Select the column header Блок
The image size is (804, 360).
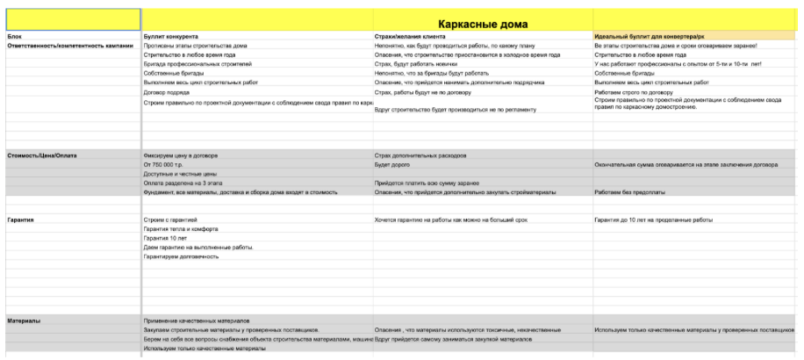tap(14, 36)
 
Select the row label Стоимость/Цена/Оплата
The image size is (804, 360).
tap(42, 155)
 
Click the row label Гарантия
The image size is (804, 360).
tap(20, 219)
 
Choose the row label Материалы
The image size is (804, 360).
tap(24, 320)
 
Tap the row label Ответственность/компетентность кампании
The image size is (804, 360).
tap(69, 46)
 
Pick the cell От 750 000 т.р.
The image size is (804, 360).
tap(165, 164)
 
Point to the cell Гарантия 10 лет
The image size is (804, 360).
tap(166, 237)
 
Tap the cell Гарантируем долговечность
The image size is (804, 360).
tap(180, 256)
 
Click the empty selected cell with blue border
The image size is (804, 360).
tap(70, 19)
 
